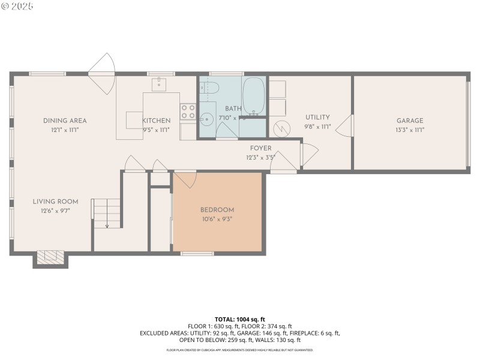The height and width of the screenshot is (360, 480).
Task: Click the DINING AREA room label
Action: (65, 121)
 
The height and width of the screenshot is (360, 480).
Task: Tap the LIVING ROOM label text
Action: (56, 202)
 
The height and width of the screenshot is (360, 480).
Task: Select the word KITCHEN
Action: (156, 121)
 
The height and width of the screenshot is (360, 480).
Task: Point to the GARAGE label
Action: (409, 121)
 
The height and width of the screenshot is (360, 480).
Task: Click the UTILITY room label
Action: (317, 117)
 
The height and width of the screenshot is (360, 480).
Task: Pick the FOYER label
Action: (260, 148)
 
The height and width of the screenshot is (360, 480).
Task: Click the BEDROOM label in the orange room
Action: (217, 209)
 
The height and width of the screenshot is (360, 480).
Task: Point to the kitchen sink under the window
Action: (159, 85)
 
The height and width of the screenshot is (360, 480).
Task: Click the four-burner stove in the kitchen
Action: (188, 112)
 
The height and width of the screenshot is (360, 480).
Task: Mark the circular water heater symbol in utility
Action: (280, 128)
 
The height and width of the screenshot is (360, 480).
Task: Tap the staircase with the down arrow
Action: (107, 214)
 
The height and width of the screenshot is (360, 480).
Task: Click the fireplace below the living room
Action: (50, 257)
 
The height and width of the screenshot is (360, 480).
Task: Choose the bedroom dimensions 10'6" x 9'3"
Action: (217, 220)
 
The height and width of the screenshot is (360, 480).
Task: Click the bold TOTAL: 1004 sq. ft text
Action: (239, 319)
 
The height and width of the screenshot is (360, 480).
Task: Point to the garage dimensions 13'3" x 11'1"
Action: (409, 130)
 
